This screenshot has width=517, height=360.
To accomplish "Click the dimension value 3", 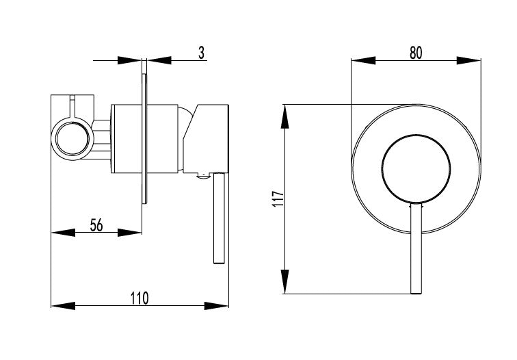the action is [202, 53].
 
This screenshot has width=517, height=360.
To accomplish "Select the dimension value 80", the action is [416, 53].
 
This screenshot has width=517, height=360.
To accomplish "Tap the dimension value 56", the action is [96, 225].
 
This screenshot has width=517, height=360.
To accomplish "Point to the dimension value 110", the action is [140, 298].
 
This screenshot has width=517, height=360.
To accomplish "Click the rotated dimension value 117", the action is [278, 198].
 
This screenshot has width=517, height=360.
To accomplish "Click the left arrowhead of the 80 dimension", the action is [363, 60].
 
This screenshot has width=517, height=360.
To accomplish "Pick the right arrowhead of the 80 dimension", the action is [468, 60].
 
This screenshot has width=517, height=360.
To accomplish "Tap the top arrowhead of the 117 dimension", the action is [285, 116].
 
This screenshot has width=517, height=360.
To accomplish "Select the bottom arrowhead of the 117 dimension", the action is [285, 281].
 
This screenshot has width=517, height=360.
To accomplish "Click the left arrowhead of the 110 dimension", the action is [64, 306].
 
